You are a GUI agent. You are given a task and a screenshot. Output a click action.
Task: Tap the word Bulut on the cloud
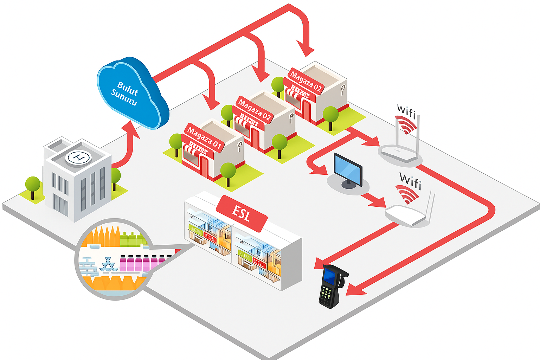[x=128, y=88]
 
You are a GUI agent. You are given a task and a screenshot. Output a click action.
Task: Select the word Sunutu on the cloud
[x=124, y=97]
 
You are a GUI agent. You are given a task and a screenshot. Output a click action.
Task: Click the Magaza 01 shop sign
[x=204, y=137]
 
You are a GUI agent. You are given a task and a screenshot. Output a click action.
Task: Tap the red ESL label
[x=242, y=213]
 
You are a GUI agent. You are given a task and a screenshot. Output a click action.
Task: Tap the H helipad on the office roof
[x=78, y=157]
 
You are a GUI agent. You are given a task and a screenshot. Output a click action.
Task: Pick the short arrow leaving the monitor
[x=374, y=201]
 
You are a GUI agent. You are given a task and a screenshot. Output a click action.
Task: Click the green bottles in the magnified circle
[x=132, y=239]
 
